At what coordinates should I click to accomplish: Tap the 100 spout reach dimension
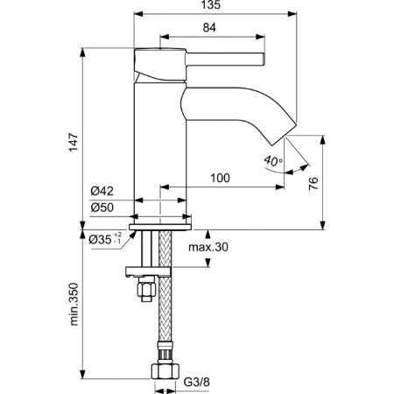(x=220, y=179)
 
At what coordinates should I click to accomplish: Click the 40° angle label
(x=272, y=160)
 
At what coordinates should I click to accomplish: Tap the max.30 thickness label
(x=209, y=248)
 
